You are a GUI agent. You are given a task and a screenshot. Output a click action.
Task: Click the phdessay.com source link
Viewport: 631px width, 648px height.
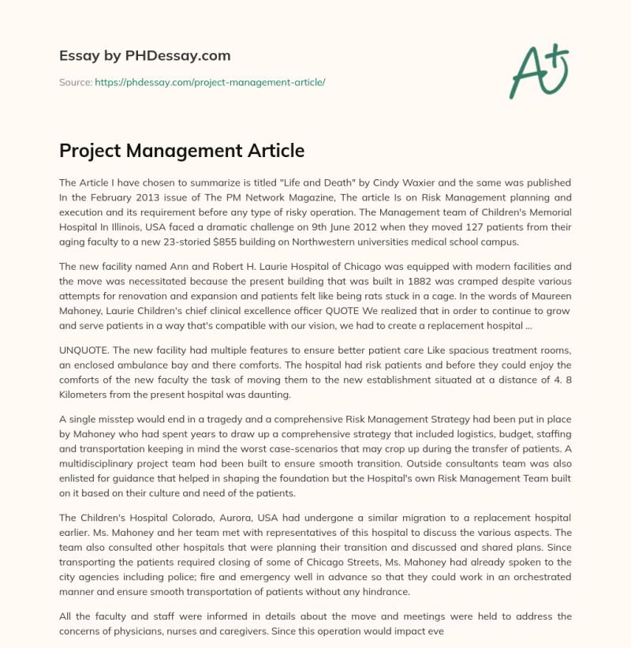click(210, 82)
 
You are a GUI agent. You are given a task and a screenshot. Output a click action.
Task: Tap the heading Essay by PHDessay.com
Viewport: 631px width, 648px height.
click(144, 56)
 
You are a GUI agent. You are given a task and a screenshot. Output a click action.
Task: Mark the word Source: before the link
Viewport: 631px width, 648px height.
click(76, 82)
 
